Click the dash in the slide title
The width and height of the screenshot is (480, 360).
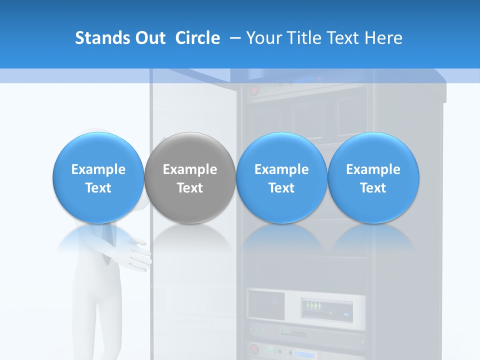233,38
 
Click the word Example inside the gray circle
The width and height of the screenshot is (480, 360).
190,169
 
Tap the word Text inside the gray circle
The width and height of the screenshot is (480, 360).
190,188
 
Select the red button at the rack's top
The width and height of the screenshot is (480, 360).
255,91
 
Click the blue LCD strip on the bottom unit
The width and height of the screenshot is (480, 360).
304,355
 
